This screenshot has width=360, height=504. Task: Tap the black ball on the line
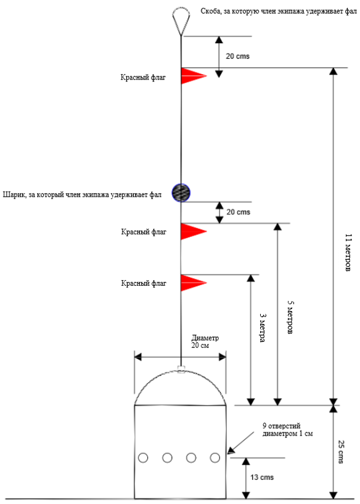pyautogui.click(x=181, y=193)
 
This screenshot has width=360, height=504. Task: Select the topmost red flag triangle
pyautogui.click(x=194, y=76)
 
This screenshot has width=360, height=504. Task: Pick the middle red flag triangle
pyautogui.click(x=194, y=231)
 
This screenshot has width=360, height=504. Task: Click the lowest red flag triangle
pyautogui.click(x=194, y=283)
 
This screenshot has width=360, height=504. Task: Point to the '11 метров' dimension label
pyautogui.click(x=348, y=253)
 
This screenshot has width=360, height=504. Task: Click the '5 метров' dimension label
pyautogui.click(x=290, y=317)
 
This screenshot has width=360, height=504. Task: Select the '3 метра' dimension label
pyautogui.click(x=263, y=328)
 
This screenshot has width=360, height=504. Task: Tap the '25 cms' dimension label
pyautogui.click(x=341, y=452)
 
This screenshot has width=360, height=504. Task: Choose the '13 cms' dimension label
pyautogui.click(x=262, y=477)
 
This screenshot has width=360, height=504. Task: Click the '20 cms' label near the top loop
pyautogui.click(x=238, y=56)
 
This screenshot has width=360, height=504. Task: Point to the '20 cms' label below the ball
pyautogui.click(x=239, y=212)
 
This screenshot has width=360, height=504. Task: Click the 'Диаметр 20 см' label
pyautogui.click(x=205, y=342)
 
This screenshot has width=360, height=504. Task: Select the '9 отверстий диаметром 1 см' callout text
pyautogui.click(x=287, y=430)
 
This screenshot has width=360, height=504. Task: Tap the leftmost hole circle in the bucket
pyautogui.click(x=143, y=458)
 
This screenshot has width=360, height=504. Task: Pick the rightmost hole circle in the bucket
pyautogui.click(x=215, y=458)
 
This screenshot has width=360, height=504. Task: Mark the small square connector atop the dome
pyautogui.click(x=181, y=368)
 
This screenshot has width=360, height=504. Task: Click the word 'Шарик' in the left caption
pyautogui.click(x=14, y=195)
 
